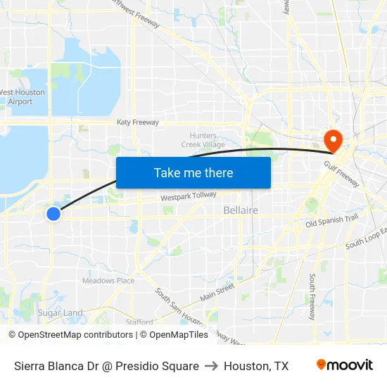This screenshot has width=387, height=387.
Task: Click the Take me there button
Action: (x=193, y=172)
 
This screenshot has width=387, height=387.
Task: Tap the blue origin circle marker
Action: (x=53, y=213)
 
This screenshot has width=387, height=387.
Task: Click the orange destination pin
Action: (x=331, y=139)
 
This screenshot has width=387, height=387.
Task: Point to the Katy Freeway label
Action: (x=138, y=122)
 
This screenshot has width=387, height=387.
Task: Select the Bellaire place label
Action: (x=241, y=210)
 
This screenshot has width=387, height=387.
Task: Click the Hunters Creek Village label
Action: (x=203, y=140)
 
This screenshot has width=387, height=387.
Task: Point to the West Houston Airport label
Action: (x=21, y=97)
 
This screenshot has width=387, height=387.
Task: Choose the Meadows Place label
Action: (x=108, y=281)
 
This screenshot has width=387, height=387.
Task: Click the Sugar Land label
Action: (x=60, y=312)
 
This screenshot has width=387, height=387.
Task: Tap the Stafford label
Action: (x=139, y=322)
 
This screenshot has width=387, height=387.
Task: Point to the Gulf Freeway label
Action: (x=342, y=174)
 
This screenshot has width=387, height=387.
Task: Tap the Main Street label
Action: (x=217, y=291)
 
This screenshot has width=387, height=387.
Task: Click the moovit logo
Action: (x=345, y=365)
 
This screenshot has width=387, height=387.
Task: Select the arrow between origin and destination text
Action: (x=211, y=366)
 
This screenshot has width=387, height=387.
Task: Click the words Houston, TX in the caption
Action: (x=256, y=366)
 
